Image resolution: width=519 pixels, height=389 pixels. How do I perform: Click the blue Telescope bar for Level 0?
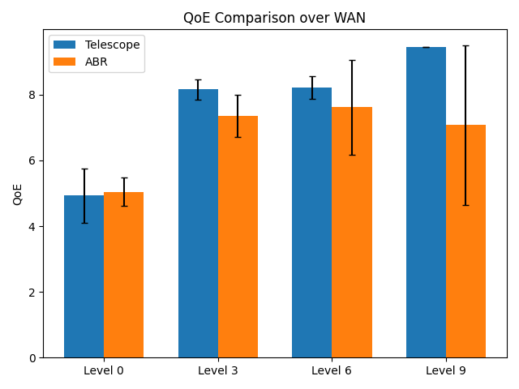(84, 276)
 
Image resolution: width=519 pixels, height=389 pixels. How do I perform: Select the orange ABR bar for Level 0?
(123, 275)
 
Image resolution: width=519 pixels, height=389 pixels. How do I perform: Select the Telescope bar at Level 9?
(426, 203)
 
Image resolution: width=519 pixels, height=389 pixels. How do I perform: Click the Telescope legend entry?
(112, 45)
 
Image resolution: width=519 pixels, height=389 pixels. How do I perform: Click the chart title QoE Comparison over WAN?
(274, 18)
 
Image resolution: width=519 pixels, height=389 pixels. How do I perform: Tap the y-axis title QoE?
(18, 194)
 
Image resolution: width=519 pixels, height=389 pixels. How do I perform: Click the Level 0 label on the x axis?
(104, 371)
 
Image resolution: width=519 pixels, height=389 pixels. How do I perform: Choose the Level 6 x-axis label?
(332, 371)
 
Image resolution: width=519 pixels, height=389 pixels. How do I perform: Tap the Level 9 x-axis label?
(445, 371)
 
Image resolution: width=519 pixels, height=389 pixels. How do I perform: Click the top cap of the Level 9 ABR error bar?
(465, 45)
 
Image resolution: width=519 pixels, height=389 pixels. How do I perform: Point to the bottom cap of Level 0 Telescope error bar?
(84, 223)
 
